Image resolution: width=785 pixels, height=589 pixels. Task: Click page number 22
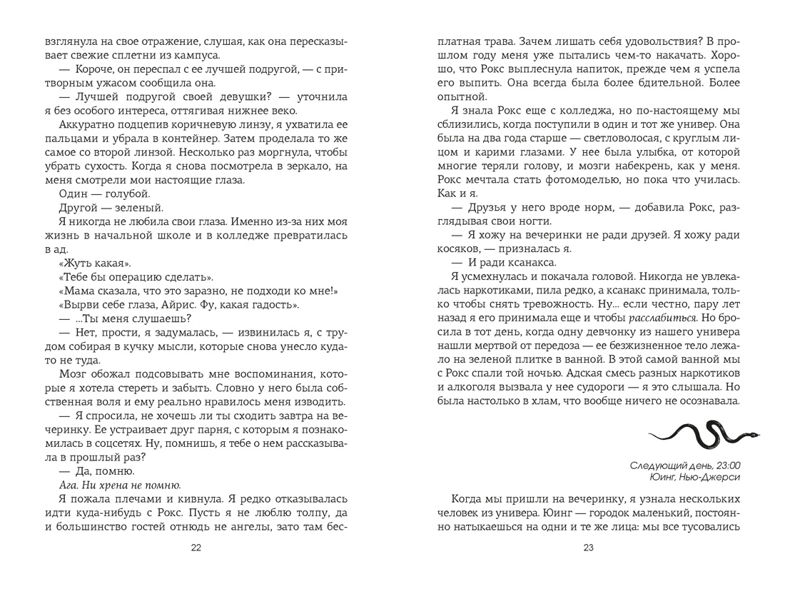[x=196, y=548]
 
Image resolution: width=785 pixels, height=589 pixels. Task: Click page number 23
[x=588, y=548]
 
